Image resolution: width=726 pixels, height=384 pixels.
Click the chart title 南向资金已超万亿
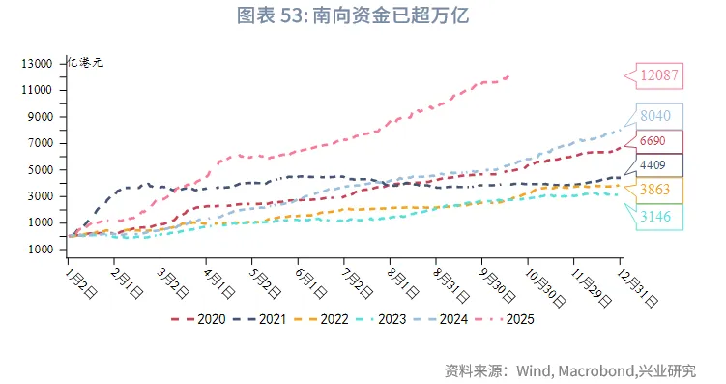click(363, 16)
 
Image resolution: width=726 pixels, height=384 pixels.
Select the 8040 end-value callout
click(661, 115)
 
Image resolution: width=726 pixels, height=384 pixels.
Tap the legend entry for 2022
click(329, 318)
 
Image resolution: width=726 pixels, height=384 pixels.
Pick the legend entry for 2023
click(391, 318)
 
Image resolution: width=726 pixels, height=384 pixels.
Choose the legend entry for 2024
click(451, 318)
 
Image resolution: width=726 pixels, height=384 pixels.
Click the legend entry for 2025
click(513, 318)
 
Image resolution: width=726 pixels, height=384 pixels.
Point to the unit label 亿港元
click(84, 63)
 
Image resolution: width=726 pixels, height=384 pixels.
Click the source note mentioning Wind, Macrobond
click(569, 370)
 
